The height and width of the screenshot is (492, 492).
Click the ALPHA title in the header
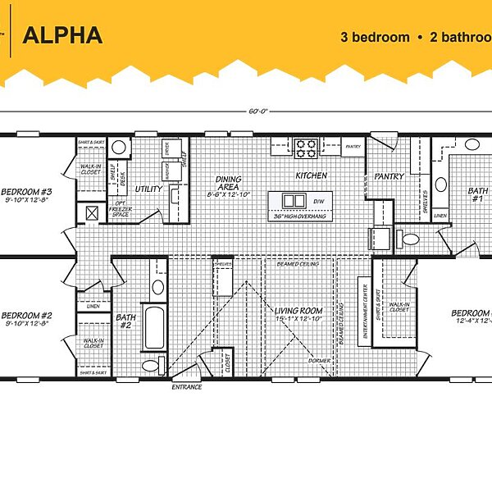(62, 35)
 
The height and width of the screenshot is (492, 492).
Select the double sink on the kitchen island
(293, 201)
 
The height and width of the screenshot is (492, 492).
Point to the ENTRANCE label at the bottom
(186, 387)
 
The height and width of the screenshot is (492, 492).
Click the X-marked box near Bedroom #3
(93, 212)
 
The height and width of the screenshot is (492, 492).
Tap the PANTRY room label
(386, 176)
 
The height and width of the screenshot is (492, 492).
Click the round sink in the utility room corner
(120, 148)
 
